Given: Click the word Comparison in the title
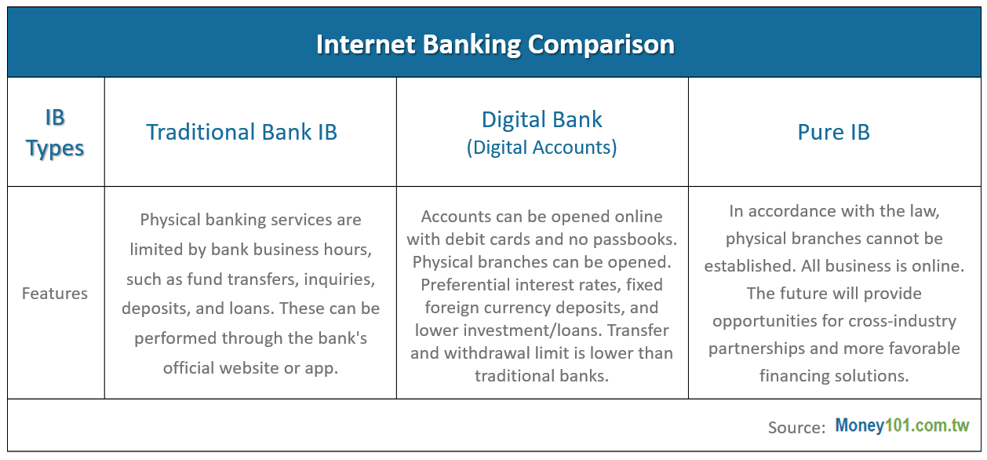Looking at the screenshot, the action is (x=601, y=45).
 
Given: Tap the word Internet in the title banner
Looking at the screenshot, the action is (x=366, y=44).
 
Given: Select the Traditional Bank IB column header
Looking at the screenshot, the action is (x=242, y=132).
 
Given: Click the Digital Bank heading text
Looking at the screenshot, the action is (x=541, y=119).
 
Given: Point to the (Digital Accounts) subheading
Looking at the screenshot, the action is (x=541, y=148).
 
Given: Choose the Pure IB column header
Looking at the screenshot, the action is (x=834, y=132).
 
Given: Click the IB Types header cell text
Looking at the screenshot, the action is (x=55, y=133).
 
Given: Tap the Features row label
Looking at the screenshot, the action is (x=55, y=294).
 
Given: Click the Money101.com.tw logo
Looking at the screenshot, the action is (x=902, y=425).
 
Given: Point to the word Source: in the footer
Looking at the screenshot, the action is (x=796, y=427).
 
